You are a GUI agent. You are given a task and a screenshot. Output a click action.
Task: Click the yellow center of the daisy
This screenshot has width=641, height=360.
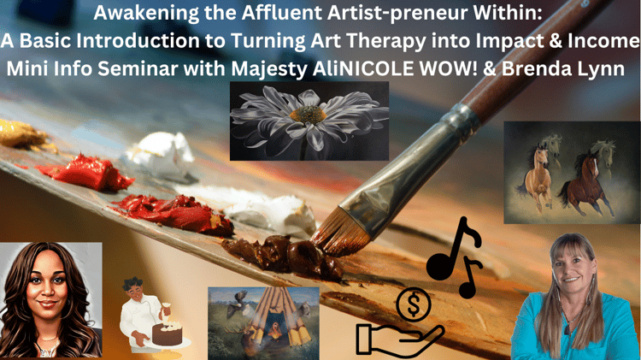click(x=308, y=114)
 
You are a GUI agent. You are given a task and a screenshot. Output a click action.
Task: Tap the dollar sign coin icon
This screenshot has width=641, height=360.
click(x=414, y=304)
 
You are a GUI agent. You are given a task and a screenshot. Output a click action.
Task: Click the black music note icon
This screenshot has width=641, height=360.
click(x=454, y=257)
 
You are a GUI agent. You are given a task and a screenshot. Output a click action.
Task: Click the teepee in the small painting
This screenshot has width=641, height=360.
click(x=278, y=319)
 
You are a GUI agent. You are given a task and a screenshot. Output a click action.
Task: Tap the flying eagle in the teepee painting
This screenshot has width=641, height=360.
click(x=237, y=303)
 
